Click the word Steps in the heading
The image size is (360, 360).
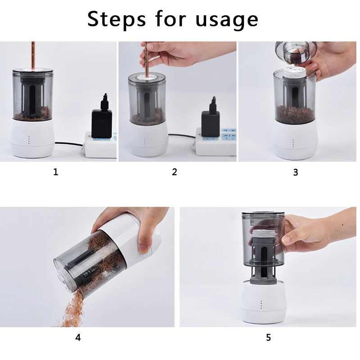pyautogui.click(x=117, y=19)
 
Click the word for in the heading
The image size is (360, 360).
pyautogui.click(x=171, y=18)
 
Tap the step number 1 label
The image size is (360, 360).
pyautogui.click(x=56, y=172)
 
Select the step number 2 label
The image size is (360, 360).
pyautogui.click(x=175, y=172)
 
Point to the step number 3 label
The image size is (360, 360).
pyautogui.click(x=296, y=172)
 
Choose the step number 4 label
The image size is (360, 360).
pyautogui.click(x=78, y=337)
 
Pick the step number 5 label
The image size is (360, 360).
pyautogui.click(x=268, y=337)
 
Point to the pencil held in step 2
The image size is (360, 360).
pyautogui.click(x=146, y=61)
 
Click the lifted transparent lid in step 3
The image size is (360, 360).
pyautogui.click(x=296, y=52)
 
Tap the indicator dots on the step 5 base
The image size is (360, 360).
pyautogui.click(x=261, y=305)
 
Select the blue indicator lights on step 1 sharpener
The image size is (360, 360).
pyautogui.click(x=29, y=140)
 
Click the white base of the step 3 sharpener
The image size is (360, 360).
pyautogui.click(x=296, y=140)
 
